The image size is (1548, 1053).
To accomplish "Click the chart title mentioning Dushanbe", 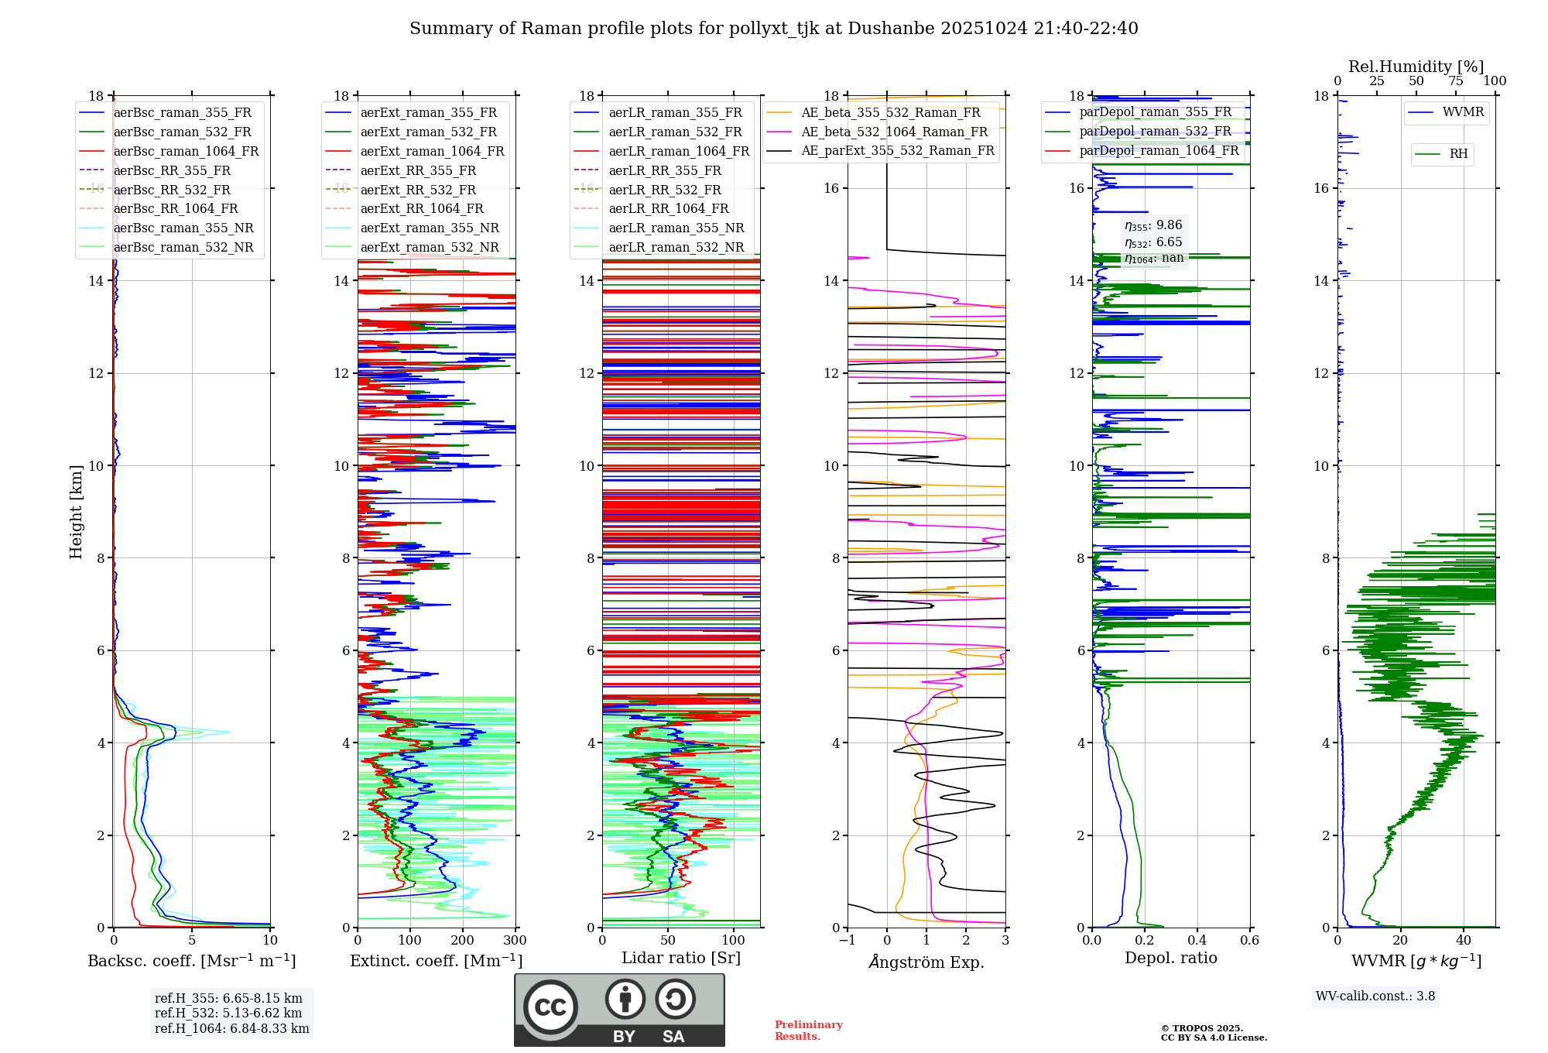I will click(773, 29).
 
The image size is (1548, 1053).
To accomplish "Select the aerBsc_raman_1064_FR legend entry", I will click(186, 151).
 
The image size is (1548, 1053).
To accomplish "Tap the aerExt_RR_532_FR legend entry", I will click(418, 190).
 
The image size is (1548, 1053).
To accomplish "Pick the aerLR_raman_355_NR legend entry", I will click(676, 228).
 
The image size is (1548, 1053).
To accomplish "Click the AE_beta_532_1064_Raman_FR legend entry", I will click(894, 132).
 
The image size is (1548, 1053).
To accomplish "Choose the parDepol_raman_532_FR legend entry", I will click(1155, 131).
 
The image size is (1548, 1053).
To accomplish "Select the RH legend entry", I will click(1458, 154).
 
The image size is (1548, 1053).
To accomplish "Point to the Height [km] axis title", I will click(76, 511).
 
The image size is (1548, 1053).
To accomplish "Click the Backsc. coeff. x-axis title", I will click(192, 961).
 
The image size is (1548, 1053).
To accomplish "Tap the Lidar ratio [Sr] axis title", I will click(681, 958).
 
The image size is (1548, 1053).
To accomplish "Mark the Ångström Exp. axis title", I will click(926, 962).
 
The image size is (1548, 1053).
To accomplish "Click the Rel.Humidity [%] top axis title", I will click(1416, 67).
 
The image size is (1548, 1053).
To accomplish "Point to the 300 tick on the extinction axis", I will click(515, 941).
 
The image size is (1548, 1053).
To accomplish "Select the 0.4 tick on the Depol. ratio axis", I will click(1197, 941).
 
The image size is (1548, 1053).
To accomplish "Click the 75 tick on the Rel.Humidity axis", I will click(1455, 81).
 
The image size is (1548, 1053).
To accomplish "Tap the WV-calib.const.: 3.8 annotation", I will click(1375, 996).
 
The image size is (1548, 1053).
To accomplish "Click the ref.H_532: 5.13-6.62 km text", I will click(228, 1013).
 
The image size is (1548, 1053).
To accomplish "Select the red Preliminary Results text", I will click(808, 1031).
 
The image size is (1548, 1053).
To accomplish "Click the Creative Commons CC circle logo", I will click(550, 1007).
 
